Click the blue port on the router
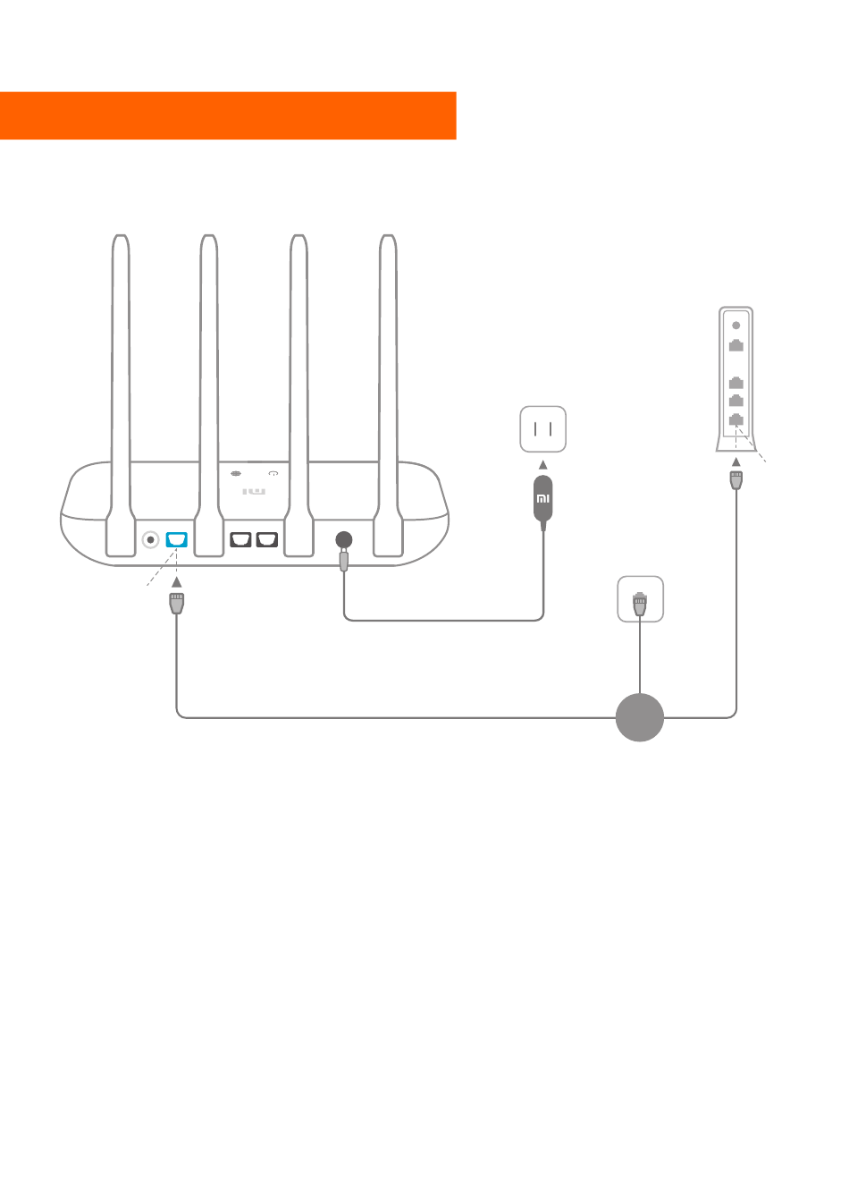tap(177, 539)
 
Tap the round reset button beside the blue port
tap(151, 539)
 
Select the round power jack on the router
tap(344, 539)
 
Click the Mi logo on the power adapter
tap(543, 499)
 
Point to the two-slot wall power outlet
tap(543, 429)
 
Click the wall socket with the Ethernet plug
tap(640, 599)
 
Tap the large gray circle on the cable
tap(640, 717)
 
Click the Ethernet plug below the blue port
tap(177, 603)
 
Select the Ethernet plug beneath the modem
tap(736, 480)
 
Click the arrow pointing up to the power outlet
tap(543, 465)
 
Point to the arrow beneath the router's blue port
tap(177, 582)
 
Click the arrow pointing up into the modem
tap(736, 461)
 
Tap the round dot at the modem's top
tap(736, 326)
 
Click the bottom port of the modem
tap(736, 419)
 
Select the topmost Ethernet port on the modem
tap(736, 345)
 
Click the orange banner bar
tap(228, 116)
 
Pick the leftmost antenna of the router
tap(121, 395)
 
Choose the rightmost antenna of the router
tap(388, 395)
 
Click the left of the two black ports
tap(240, 539)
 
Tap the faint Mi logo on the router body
tap(254, 492)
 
